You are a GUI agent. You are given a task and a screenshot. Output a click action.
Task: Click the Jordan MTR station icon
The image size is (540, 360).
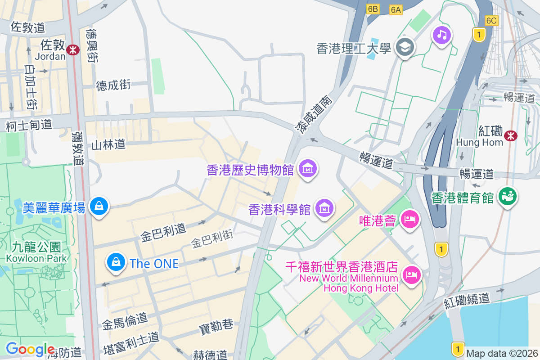tap(72, 50)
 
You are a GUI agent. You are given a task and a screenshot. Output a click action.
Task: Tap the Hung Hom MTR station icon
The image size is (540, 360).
tap(510, 135)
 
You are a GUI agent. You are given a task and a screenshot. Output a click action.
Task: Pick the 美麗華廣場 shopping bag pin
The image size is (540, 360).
tap(98, 207)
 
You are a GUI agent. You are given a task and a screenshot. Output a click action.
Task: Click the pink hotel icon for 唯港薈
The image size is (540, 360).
tap(410, 220)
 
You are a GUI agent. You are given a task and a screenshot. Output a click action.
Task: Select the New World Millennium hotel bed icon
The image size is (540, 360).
tap(411, 274)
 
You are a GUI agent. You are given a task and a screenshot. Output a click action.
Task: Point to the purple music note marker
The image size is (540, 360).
tap(442, 35)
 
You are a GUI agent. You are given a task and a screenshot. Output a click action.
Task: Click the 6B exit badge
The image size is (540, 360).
tap(373, 9)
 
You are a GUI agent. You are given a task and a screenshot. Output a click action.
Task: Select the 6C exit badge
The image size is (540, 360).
tap(492, 20)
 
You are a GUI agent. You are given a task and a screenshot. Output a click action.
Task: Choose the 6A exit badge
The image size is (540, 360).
tap(396, 10)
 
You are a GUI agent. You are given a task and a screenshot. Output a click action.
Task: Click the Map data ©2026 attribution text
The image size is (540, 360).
tap(502, 354)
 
